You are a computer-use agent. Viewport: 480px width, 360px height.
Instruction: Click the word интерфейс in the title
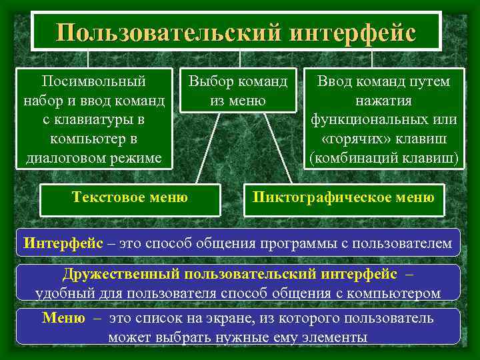coord(354,32)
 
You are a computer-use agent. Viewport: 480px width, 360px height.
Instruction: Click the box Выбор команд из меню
coord(238,91)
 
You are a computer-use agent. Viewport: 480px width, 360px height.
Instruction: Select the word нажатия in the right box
coord(383,101)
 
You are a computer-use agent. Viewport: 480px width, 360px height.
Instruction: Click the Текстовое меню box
coord(129,197)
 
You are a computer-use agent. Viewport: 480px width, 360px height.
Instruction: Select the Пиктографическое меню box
coord(343,197)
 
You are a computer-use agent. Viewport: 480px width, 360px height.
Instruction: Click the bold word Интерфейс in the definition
coord(63,243)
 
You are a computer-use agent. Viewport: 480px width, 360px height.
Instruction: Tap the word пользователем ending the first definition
coord(406,243)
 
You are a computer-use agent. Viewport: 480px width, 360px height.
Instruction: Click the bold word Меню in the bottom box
coord(63,318)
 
